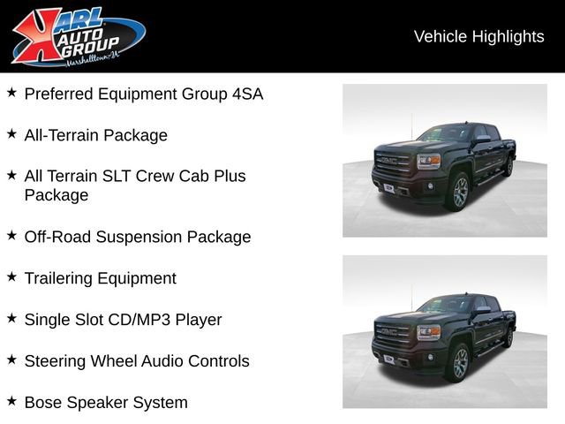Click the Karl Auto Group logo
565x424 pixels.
(78, 36)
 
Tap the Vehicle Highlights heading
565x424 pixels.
(478, 36)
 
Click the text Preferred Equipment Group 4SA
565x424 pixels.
(143, 94)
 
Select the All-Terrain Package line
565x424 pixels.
(95, 135)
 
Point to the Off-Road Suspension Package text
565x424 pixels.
(137, 237)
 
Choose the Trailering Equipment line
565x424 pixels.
(100, 278)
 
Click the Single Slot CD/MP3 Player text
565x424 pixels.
(123, 320)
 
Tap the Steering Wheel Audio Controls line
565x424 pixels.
(137, 361)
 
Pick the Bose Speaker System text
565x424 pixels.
(106, 403)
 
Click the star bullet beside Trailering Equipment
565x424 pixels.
(11, 277)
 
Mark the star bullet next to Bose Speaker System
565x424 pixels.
(11, 402)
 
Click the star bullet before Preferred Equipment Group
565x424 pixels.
(11, 93)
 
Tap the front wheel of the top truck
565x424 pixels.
(460, 192)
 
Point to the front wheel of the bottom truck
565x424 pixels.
(460, 363)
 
